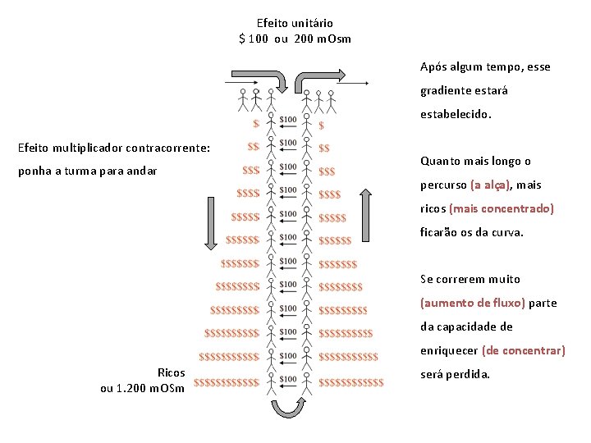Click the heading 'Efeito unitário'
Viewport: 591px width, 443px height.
click(x=295, y=23)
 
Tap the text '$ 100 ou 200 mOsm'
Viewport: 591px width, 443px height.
click(x=295, y=39)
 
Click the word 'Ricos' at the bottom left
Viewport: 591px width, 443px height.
click(x=171, y=372)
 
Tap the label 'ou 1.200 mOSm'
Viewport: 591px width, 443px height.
click(x=142, y=388)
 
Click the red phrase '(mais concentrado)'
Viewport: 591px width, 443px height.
click(x=502, y=208)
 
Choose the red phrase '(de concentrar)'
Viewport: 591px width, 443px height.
click(x=524, y=350)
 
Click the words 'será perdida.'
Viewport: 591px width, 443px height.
click(x=455, y=374)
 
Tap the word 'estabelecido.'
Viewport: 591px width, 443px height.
click(x=456, y=114)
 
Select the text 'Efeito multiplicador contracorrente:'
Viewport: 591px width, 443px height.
click(x=114, y=148)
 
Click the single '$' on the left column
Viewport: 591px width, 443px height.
click(x=256, y=125)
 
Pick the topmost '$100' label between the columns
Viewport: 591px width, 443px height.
click(x=288, y=120)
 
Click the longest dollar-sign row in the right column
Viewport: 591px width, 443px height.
click(x=350, y=381)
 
